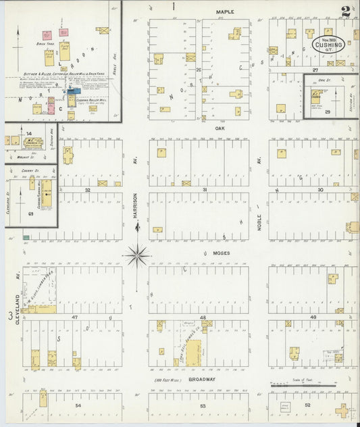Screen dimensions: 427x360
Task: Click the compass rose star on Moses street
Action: point(136,255)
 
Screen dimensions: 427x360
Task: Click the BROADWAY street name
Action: point(201,380)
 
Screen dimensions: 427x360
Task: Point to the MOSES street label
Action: point(222,253)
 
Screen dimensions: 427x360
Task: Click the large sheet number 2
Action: point(346,11)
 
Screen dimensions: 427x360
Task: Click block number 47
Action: point(75,316)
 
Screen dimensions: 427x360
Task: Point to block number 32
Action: point(87,191)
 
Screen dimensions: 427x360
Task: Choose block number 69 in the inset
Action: point(30,214)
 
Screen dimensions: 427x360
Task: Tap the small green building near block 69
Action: point(26,237)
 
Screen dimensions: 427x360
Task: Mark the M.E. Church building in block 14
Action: point(30,142)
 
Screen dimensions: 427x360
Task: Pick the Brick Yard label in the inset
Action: point(45,43)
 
